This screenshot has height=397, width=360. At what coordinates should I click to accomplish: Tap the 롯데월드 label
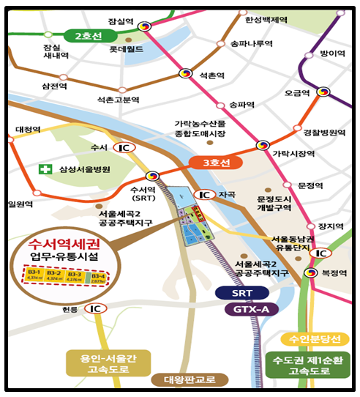124,51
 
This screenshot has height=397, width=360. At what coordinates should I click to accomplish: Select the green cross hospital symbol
45,169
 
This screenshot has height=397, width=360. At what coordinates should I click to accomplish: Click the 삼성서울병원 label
81,169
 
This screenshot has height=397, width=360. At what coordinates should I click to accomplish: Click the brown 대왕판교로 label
181,379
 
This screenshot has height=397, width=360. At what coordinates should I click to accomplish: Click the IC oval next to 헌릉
95,308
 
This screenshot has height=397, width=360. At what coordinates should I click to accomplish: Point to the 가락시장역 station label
293,153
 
